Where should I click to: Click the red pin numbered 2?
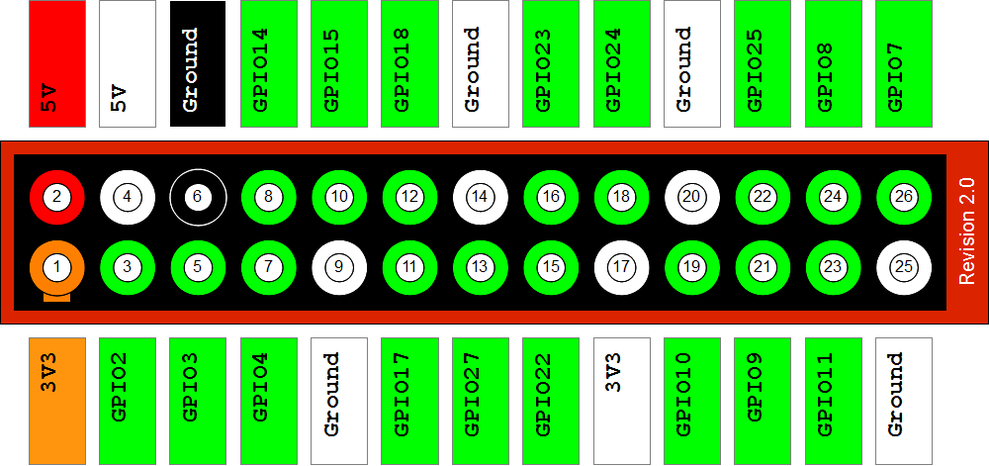(x=56, y=196)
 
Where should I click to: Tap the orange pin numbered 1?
(x=56, y=266)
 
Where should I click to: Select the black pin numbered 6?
(x=198, y=196)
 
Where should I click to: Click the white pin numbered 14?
(x=480, y=196)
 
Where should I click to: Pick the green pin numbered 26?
(x=903, y=196)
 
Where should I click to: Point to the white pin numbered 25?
(x=903, y=266)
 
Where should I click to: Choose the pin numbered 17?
(x=621, y=266)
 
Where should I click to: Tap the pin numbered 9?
(x=339, y=266)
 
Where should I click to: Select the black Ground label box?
(x=198, y=63)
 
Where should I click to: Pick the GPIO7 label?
(x=903, y=63)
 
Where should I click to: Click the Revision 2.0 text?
(x=967, y=232)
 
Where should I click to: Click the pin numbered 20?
(x=691, y=196)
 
